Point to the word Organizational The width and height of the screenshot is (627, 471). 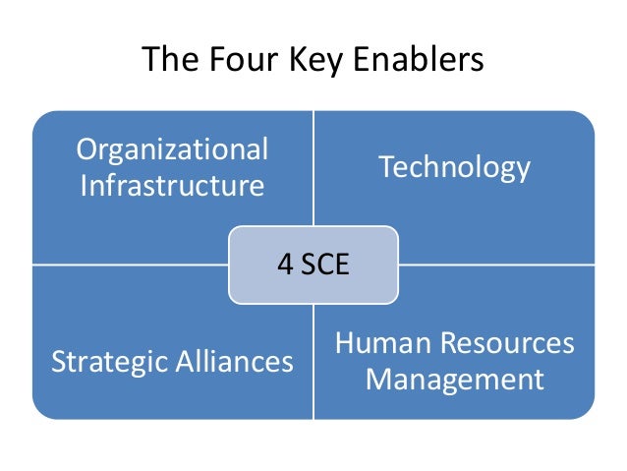172,150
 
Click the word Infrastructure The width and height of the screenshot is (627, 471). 172,186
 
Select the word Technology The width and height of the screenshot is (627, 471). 455,168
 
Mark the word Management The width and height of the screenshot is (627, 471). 455,380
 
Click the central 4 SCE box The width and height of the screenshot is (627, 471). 313,265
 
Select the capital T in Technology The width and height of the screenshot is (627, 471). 385,167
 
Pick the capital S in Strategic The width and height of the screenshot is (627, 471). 58,363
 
